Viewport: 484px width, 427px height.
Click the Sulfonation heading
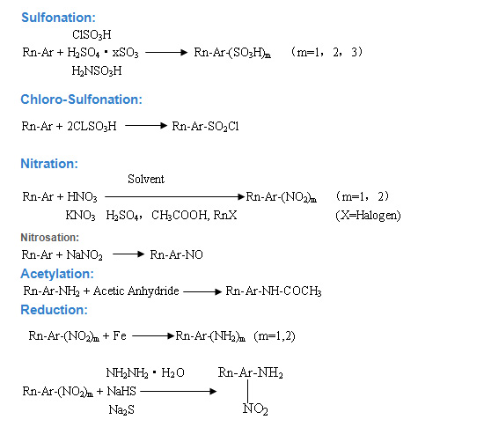[x=58, y=18]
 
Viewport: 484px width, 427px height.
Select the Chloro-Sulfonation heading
[x=81, y=99]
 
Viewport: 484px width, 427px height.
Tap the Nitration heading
[x=49, y=164]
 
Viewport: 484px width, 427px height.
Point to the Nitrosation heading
[x=49, y=238]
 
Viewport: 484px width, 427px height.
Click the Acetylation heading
[x=57, y=274]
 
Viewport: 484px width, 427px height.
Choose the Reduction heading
[x=54, y=310]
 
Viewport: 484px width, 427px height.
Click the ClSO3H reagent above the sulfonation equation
[x=92, y=35]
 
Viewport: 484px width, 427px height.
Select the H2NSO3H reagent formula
[x=97, y=71]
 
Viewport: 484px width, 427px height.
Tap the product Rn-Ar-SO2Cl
[x=205, y=126]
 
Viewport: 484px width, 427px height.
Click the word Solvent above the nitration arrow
[x=146, y=179]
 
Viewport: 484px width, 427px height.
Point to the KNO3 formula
[x=81, y=215]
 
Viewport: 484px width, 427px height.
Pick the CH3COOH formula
[x=179, y=215]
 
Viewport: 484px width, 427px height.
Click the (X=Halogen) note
[x=368, y=216]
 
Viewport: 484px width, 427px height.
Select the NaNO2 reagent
[x=84, y=255]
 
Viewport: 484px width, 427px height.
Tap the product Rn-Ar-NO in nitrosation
[x=176, y=254]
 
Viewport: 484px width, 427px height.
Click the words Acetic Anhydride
[x=136, y=291]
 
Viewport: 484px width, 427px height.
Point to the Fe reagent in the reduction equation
[x=120, y=335]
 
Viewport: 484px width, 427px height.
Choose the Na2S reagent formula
[x=121, y=410]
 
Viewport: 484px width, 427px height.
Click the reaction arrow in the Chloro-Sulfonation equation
[x=146, y=125]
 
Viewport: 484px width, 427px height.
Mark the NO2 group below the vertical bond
[x=255, y=409]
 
